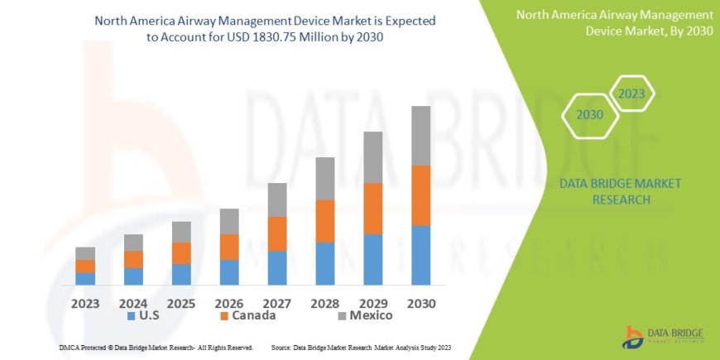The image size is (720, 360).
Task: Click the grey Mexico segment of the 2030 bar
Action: point(421,136)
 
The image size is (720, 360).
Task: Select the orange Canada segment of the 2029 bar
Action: point(373,209)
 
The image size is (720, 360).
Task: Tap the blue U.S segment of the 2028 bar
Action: point(325,263)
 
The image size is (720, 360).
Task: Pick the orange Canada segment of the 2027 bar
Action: point(277,233)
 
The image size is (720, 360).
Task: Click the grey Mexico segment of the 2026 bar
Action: point(229,221)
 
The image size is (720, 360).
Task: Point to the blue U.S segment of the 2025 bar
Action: point(181,274)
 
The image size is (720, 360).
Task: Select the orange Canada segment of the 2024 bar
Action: point(133,259)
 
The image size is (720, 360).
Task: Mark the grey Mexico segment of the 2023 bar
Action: point(85,253)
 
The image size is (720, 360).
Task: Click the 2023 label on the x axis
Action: point(85,303)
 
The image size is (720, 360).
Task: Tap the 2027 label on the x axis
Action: point(277,303)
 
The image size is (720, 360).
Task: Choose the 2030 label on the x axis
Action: point(421,303)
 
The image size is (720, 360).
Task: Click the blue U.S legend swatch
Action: point(131,316)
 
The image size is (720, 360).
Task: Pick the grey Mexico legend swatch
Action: point(342,316)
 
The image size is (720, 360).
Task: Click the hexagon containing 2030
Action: point(590,115)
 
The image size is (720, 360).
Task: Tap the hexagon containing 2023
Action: point(631,94)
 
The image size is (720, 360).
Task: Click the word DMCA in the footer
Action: point(72,347)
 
